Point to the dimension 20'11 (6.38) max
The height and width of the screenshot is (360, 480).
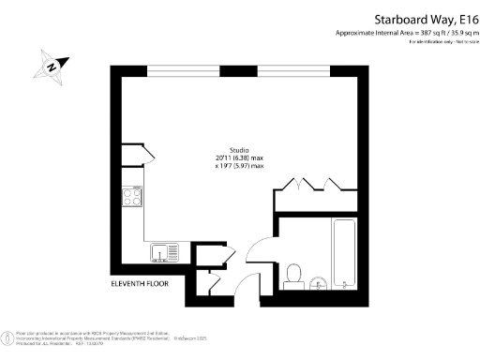point(239,158)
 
